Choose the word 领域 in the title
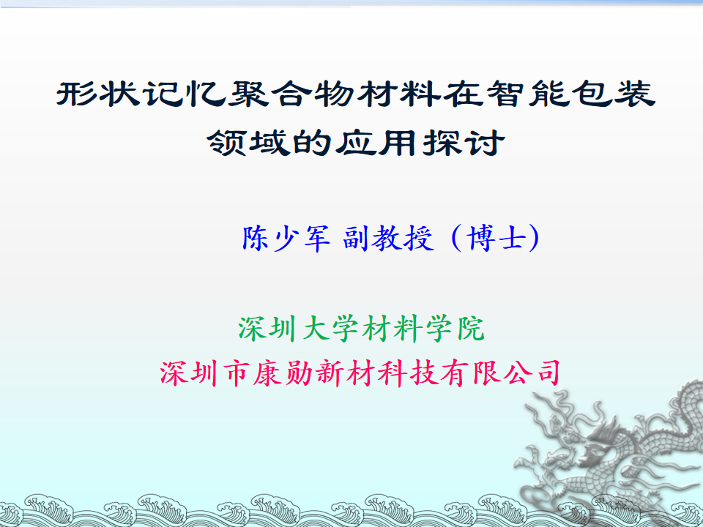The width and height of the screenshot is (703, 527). pyautogui.click(x=249, y=143)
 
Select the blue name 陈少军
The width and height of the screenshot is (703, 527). pyautogui.click(x=286, y=238)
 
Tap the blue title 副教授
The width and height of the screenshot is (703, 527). pyautogui.click(x=388, y=238)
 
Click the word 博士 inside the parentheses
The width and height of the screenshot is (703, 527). pyautogui.click(x=496, y=238)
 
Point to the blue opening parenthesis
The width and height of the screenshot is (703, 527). pyautogui.click(x=456, y=238)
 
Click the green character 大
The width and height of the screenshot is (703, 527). pyautogui.click(x=316, y=329)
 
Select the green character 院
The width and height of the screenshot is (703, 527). pyautogui.click(x=470, y=329)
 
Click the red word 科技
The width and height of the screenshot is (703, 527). pyautogui.click(x=408, y=373)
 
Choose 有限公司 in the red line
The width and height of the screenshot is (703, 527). pyautogui.click(x=500, y=373)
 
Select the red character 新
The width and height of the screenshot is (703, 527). pyautogui.click(x=330, y=373)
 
